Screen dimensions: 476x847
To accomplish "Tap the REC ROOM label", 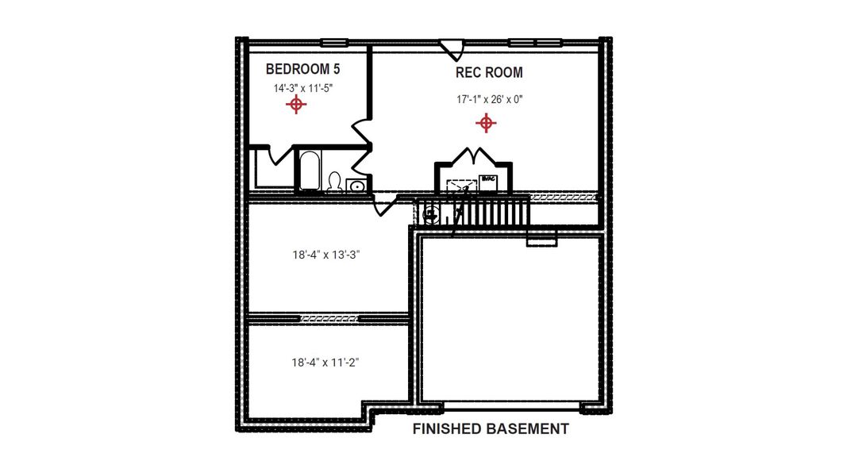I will click(489, 73).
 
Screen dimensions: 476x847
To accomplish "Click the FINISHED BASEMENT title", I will click(491, 429).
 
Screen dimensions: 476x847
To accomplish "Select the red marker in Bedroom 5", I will click(296, 104).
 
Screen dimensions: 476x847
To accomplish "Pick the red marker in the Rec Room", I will click(486, 123).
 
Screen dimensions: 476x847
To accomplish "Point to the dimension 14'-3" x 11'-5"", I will click(302, 89).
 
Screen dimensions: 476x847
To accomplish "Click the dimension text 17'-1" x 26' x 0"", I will click(489, 100).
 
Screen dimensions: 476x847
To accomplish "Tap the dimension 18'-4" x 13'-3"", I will click(327, 256).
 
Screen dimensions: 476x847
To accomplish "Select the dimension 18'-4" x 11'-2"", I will click(327, 363).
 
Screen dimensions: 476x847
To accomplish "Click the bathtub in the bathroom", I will click(308, 172).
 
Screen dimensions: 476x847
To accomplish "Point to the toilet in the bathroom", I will click(335, 183).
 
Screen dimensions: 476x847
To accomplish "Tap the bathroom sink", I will click(356, 186).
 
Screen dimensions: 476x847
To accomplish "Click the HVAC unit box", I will click(487, 181).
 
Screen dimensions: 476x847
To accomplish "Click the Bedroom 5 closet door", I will click(277, 155).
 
